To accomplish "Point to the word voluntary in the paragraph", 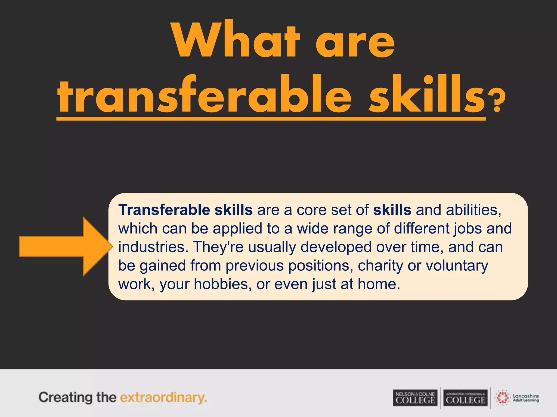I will click(457, 266).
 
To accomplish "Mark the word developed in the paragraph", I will click(336, 247).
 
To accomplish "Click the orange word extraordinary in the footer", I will click(163, 397).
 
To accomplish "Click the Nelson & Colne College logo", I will click(415, 398).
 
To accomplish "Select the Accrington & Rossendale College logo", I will click(466, 398).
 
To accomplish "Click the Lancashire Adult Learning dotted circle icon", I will click(503, 398).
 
